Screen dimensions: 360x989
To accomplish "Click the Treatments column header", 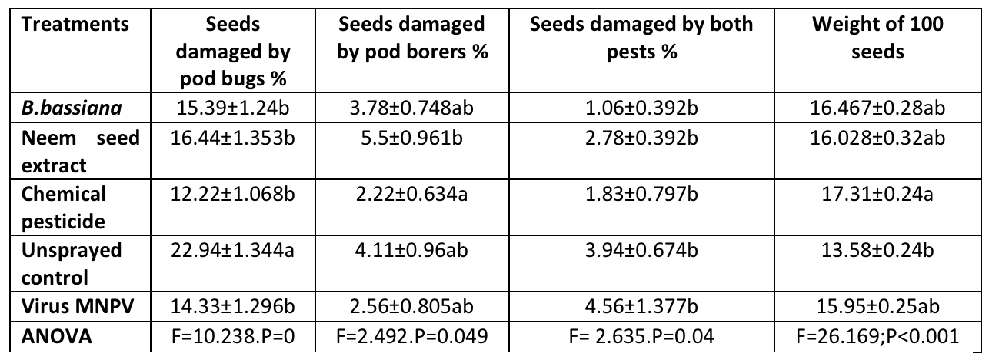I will pos(75,25).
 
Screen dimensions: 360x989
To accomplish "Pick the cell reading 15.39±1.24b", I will pos(232,108).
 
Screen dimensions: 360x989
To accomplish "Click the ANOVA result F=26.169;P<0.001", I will pos(877,335).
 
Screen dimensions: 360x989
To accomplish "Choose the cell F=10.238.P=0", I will pos(232,335).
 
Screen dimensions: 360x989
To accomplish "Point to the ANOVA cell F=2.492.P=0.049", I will pos(412,335).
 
